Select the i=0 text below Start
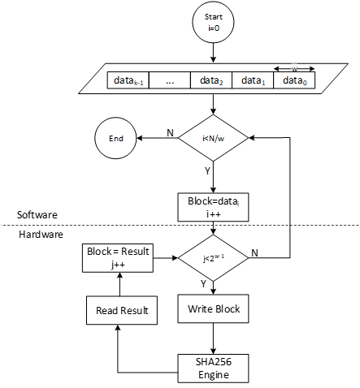coord(213,28)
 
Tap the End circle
coord(115,138)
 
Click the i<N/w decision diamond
coord(213,138)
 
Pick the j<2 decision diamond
coord(213,258)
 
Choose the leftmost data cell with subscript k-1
coord(128,80)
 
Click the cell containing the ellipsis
coord(170,80)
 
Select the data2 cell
coord(211,80)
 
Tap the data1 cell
coord(253,80)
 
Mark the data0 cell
coord(293,80)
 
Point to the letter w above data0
coord(294,69)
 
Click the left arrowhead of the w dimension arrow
coord(276,69)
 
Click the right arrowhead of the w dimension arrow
coord(312,69)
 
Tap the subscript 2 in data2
coord(220,83)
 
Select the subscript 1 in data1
coord(262,83)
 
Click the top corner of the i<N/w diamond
coord(213,115)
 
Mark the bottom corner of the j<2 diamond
coord(213,281)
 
